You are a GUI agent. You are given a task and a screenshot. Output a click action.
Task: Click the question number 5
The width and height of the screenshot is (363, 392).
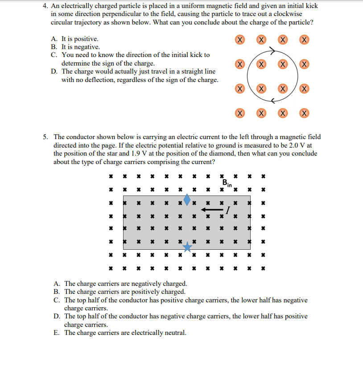pyautogui.click(x=45, y=137)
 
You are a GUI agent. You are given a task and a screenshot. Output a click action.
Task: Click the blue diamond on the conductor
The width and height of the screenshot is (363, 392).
pyautogui.click(x=187, y=199)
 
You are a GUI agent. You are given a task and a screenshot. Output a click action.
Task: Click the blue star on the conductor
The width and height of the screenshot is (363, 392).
pyautogui.click(x=187, y=246)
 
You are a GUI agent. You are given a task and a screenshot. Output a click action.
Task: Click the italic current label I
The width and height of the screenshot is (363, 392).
pyautogui.click(x=228, y=210)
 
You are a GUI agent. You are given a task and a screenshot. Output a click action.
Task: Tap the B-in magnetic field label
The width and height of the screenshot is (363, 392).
pyautogui.click(x=227, y=183)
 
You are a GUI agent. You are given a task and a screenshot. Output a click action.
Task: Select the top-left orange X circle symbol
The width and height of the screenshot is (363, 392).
pyautogui.click(x=240, y=40)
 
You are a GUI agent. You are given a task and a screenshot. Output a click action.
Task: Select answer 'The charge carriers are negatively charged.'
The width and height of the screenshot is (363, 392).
pyautogui.click(x=125, y=284)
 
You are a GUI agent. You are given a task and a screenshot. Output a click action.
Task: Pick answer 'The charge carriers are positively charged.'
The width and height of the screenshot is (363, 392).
pyautogui.click(x=124, y=292)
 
